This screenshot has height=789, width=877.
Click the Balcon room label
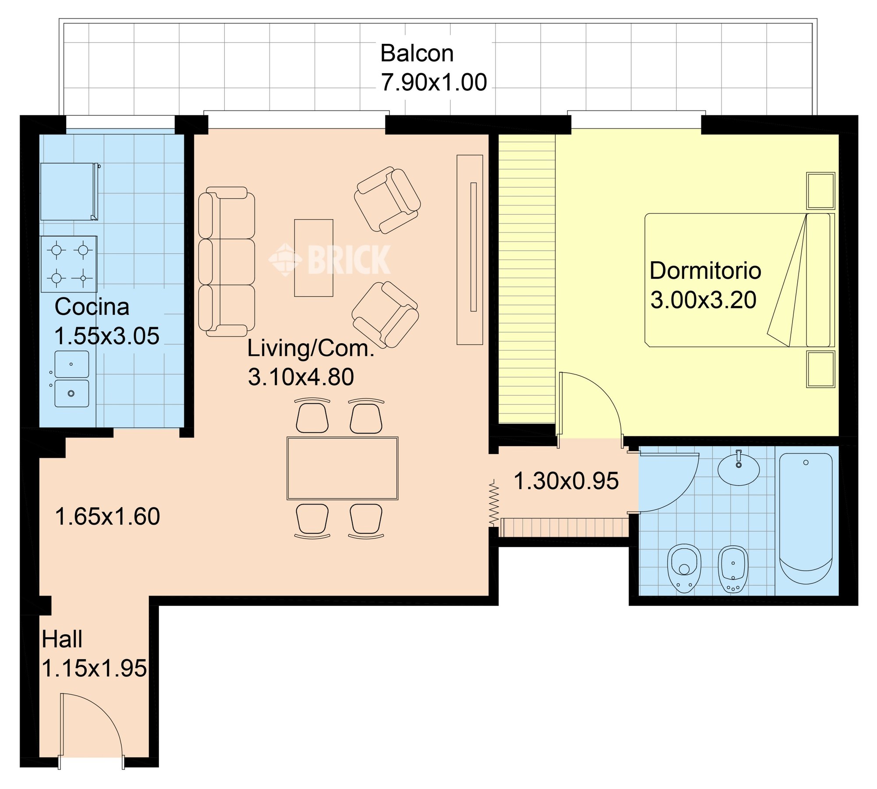(417, 53)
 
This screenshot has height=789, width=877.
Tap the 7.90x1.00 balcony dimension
(434, 82)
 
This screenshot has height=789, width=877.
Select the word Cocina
(92, 307)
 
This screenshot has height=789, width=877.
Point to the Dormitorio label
(705, 270)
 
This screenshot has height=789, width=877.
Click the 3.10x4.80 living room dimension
(301, 377)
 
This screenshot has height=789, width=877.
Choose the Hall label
(62, 640)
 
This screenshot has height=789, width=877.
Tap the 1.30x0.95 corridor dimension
(566, 481)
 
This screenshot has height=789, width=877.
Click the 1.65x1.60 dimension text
(107, 516)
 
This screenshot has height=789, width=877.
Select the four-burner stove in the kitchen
(69, 264)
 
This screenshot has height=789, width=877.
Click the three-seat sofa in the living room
(226, 262)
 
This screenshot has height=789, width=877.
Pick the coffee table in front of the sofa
(314, 258)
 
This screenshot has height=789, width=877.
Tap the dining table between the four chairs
(343, 468)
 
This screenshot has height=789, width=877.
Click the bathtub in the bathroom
(806, 519)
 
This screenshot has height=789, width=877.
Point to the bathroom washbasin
(739, 468)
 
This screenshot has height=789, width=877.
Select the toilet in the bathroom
(684, 569)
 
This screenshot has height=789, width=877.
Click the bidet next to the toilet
(733, 569)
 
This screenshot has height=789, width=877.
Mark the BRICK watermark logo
(329, 259)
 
